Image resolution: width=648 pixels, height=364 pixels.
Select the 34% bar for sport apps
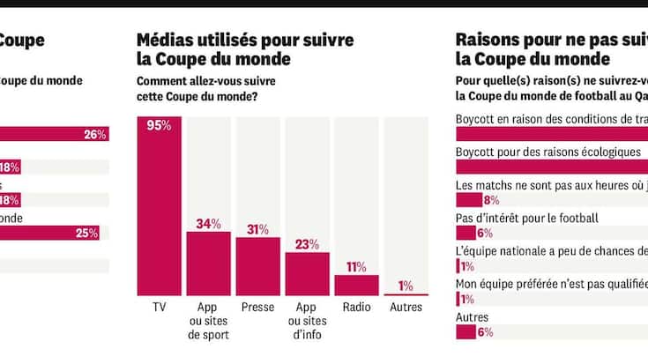click(208, 263)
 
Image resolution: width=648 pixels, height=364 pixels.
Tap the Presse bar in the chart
click(257, 265)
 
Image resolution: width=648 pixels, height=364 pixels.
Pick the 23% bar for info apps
click(307, 273)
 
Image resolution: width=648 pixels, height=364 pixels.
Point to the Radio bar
click(356, 285)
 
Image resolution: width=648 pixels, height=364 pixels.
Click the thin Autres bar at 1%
click(406, 294)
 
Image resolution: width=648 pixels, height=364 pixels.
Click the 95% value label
click(160, 126)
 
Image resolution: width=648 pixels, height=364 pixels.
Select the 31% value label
click(257, 229)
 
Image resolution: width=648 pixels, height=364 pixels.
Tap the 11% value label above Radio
click(356, 267)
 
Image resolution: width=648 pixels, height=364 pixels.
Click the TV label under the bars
click(160, 308)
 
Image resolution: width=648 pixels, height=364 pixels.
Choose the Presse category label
click(257, 308)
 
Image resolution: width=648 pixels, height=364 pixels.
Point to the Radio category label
click(356, 308)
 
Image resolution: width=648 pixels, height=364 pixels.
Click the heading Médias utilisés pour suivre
click(245, 40)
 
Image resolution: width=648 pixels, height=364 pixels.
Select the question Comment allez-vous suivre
click(202, 81)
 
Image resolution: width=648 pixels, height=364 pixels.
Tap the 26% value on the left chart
click(94, 135)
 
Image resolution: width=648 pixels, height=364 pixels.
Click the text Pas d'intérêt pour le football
click(526, 218)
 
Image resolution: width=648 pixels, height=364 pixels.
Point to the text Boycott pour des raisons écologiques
click(547, 152)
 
